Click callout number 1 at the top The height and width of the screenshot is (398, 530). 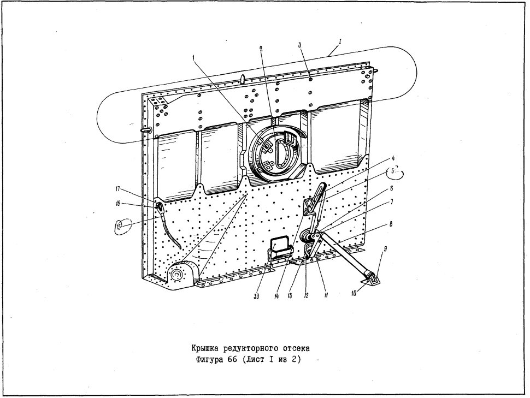(x=193, y=58)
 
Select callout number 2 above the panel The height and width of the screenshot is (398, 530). (x=261, y=48)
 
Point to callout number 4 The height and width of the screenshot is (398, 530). (x=393, y=158)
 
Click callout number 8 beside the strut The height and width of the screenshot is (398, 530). (x=391, y=224)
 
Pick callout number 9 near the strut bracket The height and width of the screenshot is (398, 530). (x=385, y=249)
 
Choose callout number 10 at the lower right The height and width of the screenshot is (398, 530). (x=354, y=293)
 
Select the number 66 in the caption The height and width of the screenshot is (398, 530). (x=232, y=359)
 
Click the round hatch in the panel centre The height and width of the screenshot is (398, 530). (x=275, y=154)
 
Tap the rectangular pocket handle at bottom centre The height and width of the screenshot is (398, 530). (x=280, y=248)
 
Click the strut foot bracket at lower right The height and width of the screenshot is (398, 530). (x=372, y=278)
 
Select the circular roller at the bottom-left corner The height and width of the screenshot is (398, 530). (x=176, y=275)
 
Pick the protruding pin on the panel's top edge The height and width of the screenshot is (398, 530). (x=243, y=78)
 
